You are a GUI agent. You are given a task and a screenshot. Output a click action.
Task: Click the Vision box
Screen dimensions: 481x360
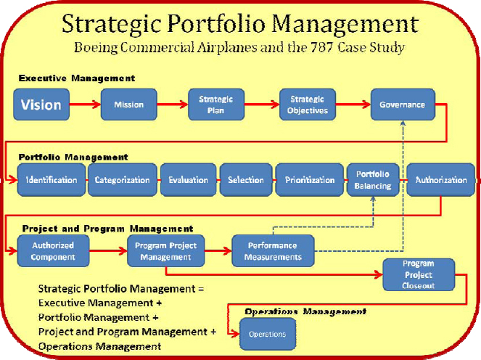click(41, 105)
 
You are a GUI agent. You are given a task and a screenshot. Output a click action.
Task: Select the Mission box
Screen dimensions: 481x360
click(129, 105)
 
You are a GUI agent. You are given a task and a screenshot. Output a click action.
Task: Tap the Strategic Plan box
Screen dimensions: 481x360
click(216, 105)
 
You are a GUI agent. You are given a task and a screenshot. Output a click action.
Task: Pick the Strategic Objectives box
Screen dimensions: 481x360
click(308, 105)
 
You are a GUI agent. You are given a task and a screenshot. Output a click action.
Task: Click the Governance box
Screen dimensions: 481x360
click(403, 105)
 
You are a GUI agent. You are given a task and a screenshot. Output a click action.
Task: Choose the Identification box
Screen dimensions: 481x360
click(52, 180)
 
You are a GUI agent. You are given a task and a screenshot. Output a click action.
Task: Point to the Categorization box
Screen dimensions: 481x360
click(123, 180)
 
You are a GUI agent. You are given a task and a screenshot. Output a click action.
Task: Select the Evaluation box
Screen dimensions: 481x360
click(189, 180)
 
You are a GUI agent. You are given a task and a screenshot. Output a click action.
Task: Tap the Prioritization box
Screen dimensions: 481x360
click(310, 180)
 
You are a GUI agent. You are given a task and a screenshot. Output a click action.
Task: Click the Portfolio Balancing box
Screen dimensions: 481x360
click(373, 180)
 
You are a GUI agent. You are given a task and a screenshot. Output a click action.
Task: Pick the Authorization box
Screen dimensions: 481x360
click(441, 180)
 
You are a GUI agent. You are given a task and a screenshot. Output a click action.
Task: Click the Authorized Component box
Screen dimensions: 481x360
click(53, 250)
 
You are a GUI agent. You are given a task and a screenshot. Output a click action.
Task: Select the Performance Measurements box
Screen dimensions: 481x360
click(273, 250)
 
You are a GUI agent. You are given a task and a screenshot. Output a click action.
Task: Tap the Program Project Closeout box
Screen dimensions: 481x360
click(419, 274)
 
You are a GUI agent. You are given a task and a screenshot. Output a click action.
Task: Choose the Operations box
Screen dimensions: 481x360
click(268, 334)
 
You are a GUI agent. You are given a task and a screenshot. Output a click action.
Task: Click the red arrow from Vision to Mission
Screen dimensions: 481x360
click(85, 105)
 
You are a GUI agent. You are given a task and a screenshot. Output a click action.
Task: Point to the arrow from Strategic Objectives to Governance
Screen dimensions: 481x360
click(353, 105)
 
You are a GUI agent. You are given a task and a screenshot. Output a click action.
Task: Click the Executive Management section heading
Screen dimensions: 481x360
click(77, 78)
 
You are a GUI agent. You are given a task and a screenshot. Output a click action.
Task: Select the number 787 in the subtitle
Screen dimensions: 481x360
click(322, 48)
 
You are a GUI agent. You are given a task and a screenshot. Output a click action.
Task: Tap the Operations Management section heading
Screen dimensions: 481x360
click(305, 312)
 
